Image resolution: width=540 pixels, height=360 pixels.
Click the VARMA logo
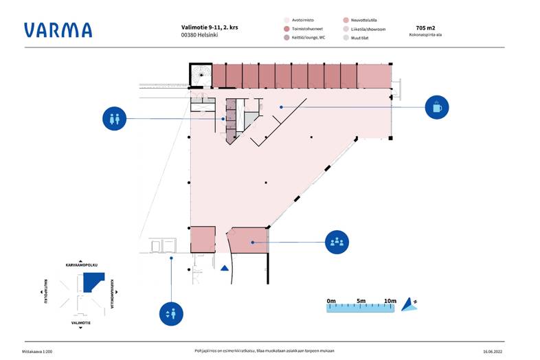pos(58,30)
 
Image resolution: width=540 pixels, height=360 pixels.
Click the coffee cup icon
pos(436,107)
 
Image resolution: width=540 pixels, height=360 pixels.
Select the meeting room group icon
pos(336,242)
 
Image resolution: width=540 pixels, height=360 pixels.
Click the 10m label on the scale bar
pos(390,300)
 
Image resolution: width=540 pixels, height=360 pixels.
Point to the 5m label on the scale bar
pos(361,300)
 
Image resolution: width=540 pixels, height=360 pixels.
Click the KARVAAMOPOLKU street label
pos(81,263)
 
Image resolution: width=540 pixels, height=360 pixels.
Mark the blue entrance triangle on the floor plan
pos(224,269)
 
